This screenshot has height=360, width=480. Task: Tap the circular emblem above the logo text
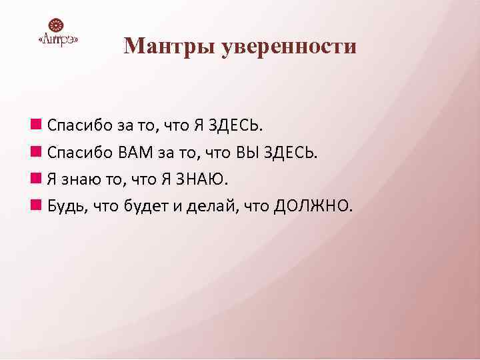pos(59,26)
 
